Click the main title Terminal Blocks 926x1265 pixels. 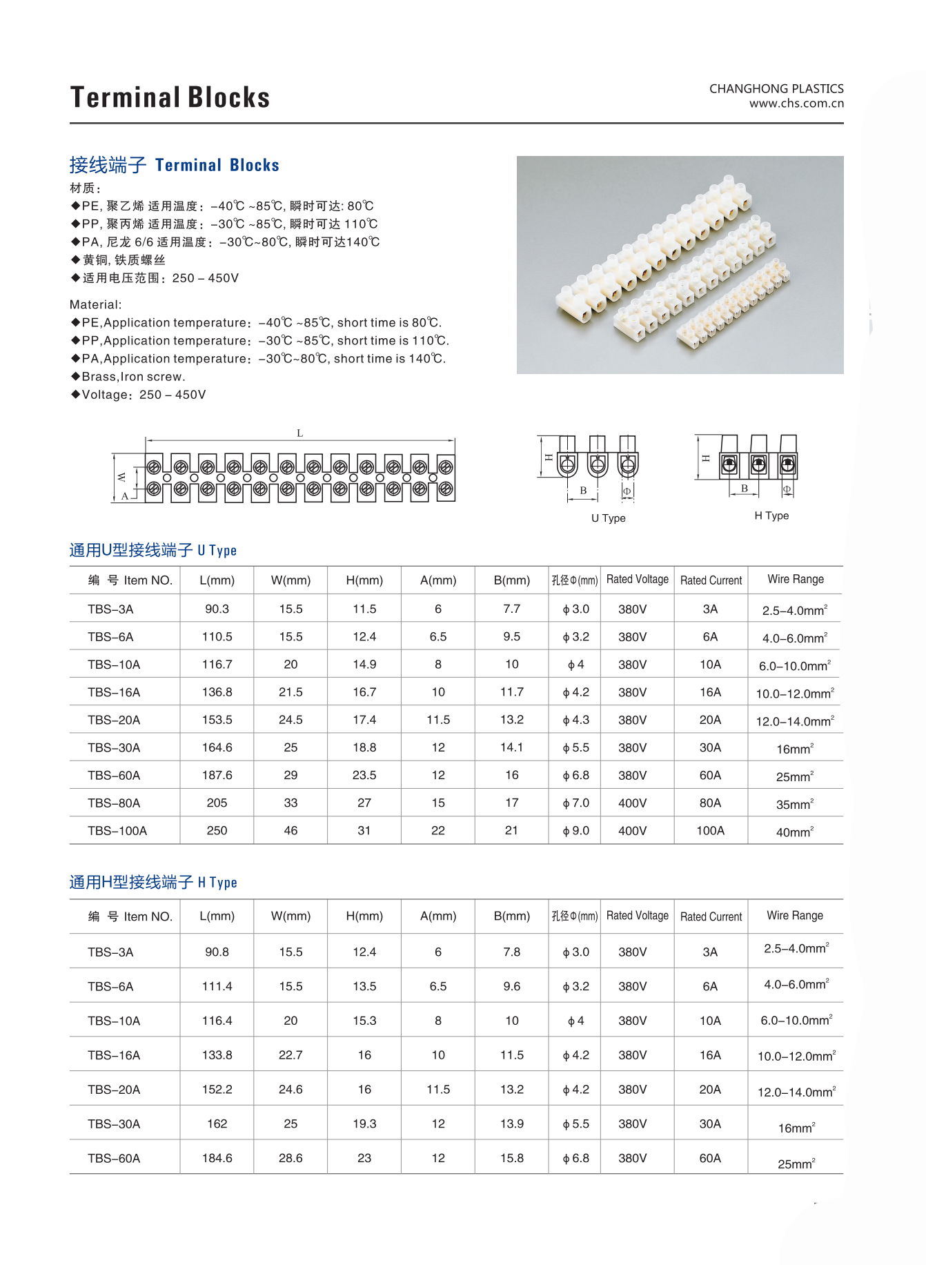(170, 97)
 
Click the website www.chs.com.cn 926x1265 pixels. (796, 104)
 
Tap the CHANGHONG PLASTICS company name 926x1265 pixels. (776, 88)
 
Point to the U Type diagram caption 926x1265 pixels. (608, 518)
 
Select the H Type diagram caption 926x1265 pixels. (771, 516)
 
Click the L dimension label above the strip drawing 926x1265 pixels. (299, 433)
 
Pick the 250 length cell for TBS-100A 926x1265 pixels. (217, 830)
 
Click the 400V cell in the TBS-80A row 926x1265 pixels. (632, 803)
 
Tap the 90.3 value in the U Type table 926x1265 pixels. (217, 609)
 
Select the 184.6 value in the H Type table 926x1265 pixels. (217, 1158)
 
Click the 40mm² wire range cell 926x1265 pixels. (794, 832)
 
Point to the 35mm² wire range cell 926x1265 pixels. (794, 804)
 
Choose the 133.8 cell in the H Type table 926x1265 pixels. (217, 1055)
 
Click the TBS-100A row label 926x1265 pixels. (117, 830)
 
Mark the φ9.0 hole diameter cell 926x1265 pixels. (575, 830)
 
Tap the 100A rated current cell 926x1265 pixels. (710, 830)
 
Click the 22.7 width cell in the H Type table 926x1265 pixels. (290, 1055)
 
